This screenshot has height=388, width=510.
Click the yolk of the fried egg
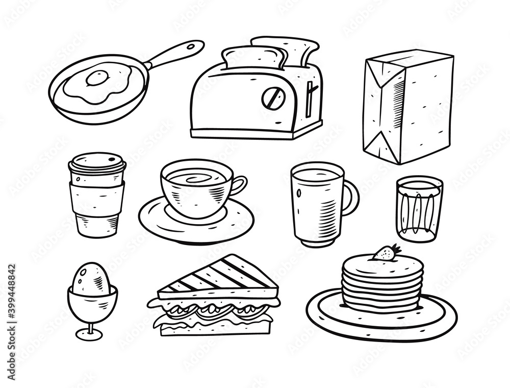click(x=97, y=78)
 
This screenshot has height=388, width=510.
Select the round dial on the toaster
click(x=271, y=98)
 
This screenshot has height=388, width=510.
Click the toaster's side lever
click(x=311, y=94)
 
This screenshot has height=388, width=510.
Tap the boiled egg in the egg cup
click(x=92, y=279)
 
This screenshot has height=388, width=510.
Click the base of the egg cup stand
click(x=89, y=334)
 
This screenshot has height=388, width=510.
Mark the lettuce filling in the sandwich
click(x=214, y=309)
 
